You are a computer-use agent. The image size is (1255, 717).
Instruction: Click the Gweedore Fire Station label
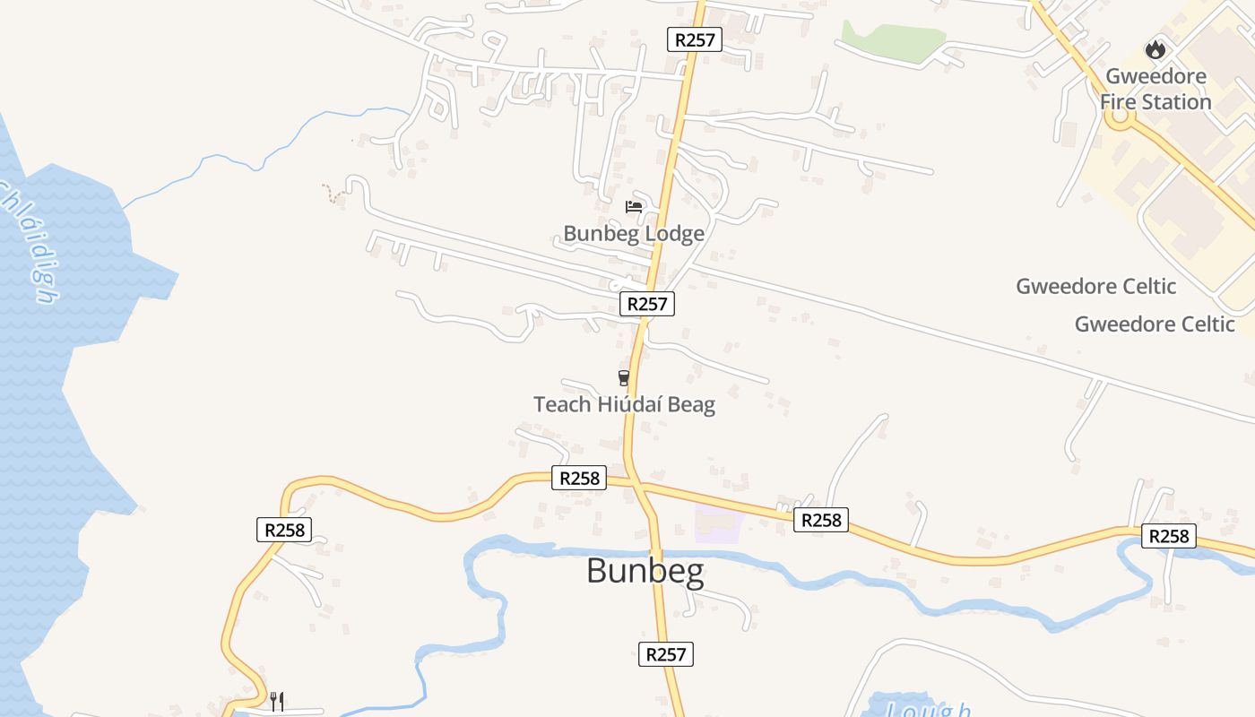point(1155,89)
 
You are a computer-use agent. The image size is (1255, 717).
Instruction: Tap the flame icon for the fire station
point(1155,50)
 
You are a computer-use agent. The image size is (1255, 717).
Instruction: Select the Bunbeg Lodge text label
point(634,234)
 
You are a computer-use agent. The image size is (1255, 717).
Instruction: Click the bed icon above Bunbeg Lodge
point(634,207)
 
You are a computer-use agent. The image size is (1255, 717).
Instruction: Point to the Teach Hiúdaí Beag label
point(624,404)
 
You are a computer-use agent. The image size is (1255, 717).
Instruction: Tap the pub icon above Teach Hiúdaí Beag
point(624,378)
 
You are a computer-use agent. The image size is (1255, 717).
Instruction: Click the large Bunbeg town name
point(645,571)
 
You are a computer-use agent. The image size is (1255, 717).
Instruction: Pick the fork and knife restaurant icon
point(277,700)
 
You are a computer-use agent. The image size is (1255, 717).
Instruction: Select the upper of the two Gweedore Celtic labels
point(1095,287)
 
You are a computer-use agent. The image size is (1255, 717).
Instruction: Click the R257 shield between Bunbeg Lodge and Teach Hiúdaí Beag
point(647,304)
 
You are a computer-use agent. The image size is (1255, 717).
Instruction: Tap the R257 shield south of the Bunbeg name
point(666,654)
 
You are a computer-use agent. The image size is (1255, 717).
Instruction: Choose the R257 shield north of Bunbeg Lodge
point(695,39)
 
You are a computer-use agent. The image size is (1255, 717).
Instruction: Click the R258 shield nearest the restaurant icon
point(285,530)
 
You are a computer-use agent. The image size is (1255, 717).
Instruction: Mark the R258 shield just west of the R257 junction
point(579,478)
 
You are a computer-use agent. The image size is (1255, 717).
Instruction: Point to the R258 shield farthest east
point(1169,536)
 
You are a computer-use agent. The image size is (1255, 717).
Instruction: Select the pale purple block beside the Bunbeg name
point(719,523)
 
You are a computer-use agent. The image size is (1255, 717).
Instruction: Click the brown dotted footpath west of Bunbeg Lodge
point(333,194)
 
